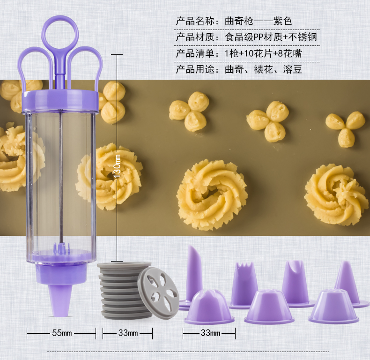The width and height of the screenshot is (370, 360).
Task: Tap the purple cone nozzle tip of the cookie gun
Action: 60,301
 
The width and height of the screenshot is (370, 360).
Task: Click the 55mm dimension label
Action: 62,333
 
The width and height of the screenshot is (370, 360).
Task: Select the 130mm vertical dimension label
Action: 117,166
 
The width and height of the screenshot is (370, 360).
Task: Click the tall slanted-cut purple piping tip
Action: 194,277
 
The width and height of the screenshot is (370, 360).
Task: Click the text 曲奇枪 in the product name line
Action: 239,21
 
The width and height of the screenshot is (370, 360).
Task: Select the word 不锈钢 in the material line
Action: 303,37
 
